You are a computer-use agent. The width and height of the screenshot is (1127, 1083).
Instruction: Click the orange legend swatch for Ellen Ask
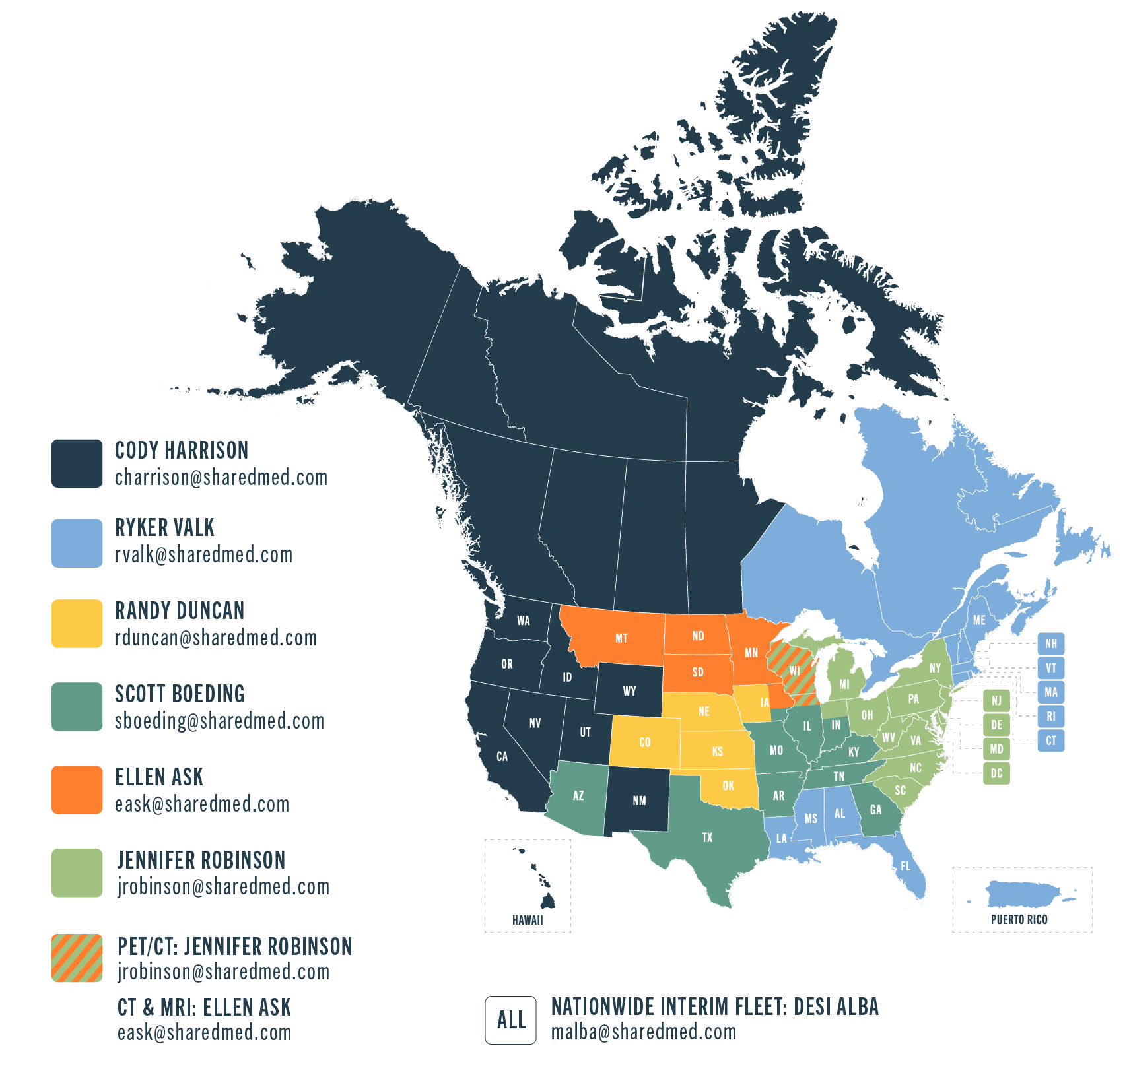point(77,789)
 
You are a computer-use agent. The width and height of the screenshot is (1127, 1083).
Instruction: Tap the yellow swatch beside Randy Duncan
point(77,623)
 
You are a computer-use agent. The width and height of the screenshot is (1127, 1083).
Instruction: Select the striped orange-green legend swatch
point(77,958)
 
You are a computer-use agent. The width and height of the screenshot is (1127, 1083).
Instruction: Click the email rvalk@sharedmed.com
point(203,555)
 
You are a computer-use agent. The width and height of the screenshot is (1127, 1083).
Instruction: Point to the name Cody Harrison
point(182,451)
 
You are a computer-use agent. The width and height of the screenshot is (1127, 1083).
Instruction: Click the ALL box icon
point(511,1020)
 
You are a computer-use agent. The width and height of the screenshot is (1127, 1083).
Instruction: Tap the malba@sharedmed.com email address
point(644,1032)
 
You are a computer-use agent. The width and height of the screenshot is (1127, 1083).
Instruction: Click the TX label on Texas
point(707,837)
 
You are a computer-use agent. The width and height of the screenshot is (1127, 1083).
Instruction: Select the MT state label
point(621,638)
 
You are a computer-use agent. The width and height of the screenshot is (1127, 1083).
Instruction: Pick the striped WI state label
point(794,671)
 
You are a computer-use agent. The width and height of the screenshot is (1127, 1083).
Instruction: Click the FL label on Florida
point(905,867)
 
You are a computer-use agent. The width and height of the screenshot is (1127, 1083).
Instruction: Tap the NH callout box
point(1050,643)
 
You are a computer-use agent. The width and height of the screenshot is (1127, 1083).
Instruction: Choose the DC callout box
point(996,773)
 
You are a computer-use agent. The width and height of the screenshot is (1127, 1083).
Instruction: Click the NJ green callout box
point(996,700)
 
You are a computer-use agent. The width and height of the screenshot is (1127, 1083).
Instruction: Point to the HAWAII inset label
point(528,919)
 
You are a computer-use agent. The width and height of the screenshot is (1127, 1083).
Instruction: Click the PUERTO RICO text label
point(1019,919)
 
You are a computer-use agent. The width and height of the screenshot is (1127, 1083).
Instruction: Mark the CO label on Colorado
point(644,742)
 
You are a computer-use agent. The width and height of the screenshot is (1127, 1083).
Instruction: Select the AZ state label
point(578,796)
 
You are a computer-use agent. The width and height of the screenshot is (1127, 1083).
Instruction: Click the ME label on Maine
point(979,620)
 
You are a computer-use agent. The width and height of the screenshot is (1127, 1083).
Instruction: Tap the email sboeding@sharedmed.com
point(219,721)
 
